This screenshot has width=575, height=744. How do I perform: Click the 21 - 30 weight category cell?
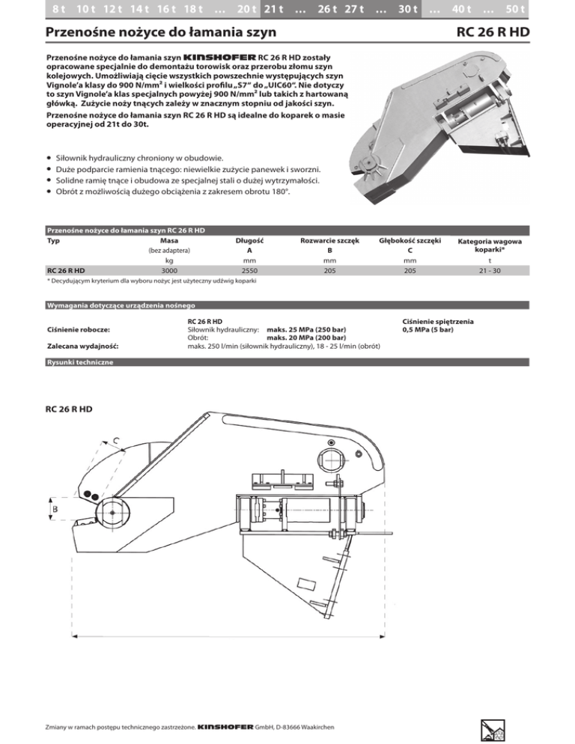pos(490,270)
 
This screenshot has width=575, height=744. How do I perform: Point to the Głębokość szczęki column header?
pos(410,240)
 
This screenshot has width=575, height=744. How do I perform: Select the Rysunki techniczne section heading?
pos(81,362)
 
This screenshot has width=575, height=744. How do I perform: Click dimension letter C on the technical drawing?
pos(118,441)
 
